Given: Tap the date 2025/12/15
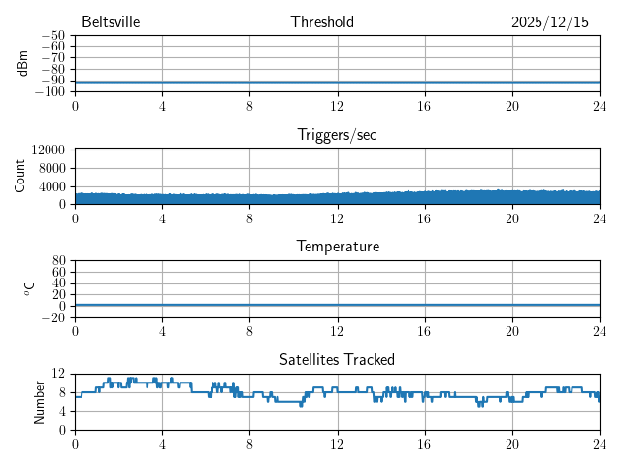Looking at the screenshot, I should [549, 22].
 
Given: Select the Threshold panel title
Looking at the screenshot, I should [322, 22].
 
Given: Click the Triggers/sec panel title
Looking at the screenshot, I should [337, 135].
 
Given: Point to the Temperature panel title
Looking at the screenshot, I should [337, 247].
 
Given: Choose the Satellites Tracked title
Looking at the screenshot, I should [337, 360].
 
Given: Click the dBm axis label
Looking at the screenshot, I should [23, 63].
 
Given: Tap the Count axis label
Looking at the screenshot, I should [20, 176].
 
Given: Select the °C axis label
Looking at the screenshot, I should [30, 288].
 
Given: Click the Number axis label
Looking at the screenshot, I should [40, 401].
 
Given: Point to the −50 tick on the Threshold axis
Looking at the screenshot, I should [53, 36].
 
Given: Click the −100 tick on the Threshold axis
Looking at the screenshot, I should [50, 92].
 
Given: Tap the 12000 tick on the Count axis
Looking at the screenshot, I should [49, 150].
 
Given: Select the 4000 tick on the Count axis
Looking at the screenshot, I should [52, 186].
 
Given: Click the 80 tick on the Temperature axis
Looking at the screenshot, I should [59, 261].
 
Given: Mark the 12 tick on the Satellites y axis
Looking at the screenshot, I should [59, 374].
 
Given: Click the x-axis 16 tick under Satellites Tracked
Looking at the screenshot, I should [425, 444].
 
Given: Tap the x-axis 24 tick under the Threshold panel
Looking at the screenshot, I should [599, 106].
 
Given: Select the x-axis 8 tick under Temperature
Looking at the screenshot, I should [250, 331].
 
